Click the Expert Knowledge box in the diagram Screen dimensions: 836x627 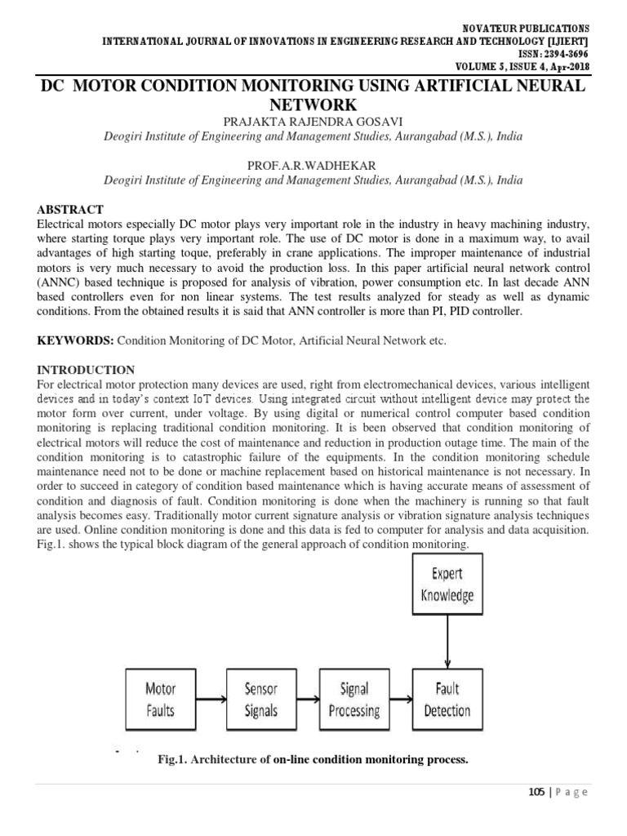[x=447, y=585]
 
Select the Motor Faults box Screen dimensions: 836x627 [x=160, y=700]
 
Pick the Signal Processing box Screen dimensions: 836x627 [x=353, y=700]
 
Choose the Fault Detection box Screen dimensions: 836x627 [x=447, y=700]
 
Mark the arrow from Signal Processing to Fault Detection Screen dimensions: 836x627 [x=400, y=700]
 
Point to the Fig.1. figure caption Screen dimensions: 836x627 [x=313, y=760]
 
